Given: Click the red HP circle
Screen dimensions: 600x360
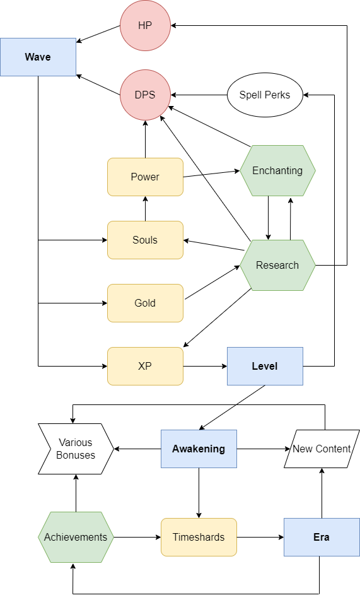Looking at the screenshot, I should point(145,26).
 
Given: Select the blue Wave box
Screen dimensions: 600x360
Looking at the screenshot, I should point(38,57).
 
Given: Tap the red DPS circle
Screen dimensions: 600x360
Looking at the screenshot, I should point(145,95).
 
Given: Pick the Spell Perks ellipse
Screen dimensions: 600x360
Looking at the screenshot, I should point(265,95).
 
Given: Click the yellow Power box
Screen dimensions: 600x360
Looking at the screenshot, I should point(145,177).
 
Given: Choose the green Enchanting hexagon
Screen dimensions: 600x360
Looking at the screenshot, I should point(277,171).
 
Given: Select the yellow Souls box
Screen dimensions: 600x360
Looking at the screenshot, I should point(145,240).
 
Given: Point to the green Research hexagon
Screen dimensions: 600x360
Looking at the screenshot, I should point(277,265).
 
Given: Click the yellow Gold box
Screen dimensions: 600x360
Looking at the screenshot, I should point(145,303).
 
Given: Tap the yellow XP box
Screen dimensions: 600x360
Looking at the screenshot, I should point(145,366).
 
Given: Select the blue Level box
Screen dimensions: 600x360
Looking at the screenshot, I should point(265,366).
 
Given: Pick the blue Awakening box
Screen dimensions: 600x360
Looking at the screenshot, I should point(199,449).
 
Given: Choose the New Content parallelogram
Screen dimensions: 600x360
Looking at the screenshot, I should point(322,449).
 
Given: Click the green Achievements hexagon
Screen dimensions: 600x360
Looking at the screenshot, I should point(76,537).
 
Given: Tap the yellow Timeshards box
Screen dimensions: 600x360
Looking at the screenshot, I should point(199,537).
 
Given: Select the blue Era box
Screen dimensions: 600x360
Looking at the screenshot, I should point(322,537).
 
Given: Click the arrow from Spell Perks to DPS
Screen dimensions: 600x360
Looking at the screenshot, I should point(199,95).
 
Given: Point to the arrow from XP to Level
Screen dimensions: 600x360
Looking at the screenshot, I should point(205,366).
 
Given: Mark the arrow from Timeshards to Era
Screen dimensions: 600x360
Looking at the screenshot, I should point(260,537).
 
